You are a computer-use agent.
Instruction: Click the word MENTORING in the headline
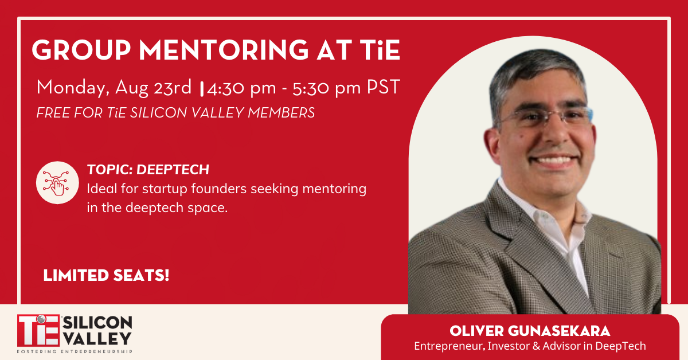point(224,50)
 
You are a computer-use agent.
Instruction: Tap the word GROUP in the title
point(81,50)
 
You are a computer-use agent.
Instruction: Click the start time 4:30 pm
point(241,88)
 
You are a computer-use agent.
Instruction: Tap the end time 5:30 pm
point(326,88)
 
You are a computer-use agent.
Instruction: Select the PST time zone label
point(384,87)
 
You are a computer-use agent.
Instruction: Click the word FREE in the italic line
point(54,113)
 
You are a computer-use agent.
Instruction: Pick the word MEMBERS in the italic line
point(282,113)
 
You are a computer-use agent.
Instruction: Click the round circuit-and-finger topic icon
point(57,182)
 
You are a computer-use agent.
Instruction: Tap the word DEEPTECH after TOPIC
point(173,170)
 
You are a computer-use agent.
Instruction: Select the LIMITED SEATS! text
point(106,275)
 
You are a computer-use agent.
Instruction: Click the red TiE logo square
point(38,331)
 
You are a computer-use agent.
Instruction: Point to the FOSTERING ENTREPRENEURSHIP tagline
point(75,351)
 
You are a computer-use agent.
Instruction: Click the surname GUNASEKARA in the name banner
point(559,331)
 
